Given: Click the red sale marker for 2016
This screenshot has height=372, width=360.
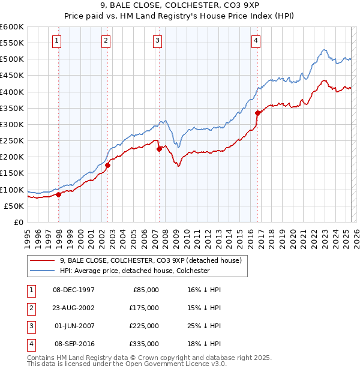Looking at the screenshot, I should coord(257,113).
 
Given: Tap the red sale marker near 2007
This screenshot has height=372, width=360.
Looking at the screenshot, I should coord(160,149).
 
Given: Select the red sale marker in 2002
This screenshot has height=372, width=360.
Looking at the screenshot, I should coord(108,165).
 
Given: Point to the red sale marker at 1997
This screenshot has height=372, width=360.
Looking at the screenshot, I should coord(59,194).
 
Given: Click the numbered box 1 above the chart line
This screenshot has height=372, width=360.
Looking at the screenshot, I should coord(56,41).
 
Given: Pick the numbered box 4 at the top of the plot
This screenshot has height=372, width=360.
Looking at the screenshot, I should coord(256,41).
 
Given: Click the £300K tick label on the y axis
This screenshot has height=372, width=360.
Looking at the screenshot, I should coord(12,124).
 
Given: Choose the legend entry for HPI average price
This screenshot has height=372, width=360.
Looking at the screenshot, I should coord(134,271).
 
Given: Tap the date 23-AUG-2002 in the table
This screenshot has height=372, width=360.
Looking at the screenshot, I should coord(74,308).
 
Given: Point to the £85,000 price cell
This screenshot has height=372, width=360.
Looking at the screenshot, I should coord(144,290).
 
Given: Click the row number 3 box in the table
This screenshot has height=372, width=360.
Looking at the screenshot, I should coord(29,326).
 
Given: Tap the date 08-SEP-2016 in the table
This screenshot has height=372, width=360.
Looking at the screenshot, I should coord(74,344).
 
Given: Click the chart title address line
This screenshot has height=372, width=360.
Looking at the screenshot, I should coord(180,7).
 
